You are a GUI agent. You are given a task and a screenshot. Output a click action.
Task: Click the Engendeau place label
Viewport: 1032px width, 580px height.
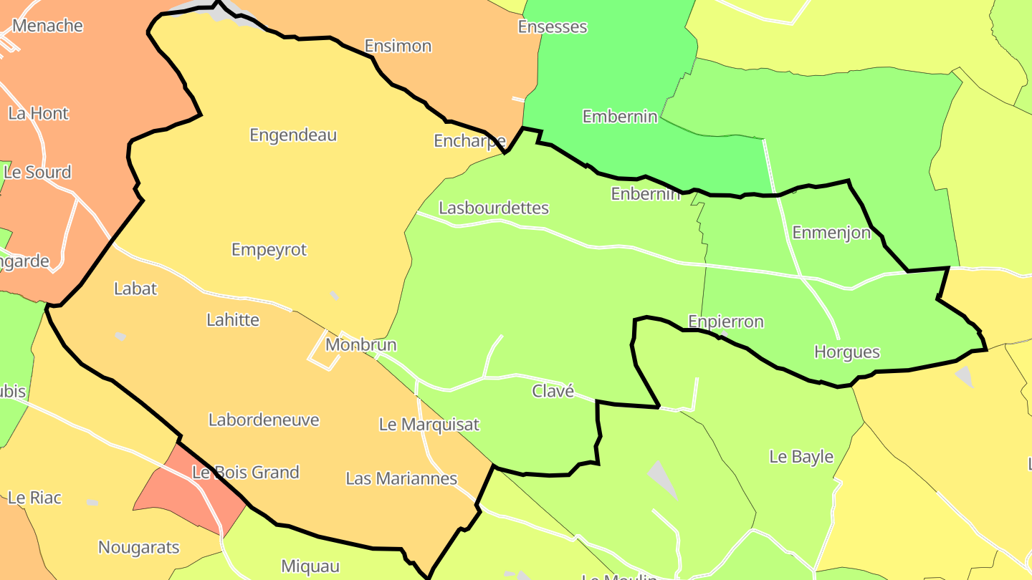[293, 135]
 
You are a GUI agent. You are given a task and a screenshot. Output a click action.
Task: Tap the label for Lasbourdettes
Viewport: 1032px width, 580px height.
[494, 208]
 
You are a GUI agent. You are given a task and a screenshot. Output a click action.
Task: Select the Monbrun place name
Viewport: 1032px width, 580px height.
[360, 344]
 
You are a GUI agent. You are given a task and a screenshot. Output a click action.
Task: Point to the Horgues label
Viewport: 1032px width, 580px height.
[847, 352]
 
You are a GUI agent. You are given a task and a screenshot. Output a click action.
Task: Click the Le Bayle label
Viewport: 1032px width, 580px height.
[801, 456]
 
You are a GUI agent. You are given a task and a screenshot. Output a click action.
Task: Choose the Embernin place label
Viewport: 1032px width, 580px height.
[620, 116]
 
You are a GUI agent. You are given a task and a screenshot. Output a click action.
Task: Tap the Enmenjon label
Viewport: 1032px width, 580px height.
[831, 232]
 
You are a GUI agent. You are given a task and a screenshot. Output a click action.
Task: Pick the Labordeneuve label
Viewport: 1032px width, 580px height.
[264, 419]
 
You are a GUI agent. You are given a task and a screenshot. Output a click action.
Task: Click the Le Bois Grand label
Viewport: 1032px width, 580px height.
[246, 472]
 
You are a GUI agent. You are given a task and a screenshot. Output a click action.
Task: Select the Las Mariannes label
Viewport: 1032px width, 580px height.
[401, 478]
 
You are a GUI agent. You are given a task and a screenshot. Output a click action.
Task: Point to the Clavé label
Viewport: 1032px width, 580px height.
[553, 391]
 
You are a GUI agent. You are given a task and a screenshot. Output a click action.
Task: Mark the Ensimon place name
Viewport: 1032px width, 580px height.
[398, 46]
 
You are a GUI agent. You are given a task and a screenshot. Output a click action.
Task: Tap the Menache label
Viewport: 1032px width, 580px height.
[48, 26]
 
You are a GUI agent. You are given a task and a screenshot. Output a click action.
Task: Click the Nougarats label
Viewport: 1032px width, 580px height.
[139, 548]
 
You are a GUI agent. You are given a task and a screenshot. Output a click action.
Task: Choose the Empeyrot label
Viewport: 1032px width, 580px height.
[269, 249]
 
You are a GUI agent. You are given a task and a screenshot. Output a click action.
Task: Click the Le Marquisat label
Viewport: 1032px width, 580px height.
[429, 424]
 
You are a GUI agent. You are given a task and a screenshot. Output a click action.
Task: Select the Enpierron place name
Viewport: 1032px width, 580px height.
[726, 322]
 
